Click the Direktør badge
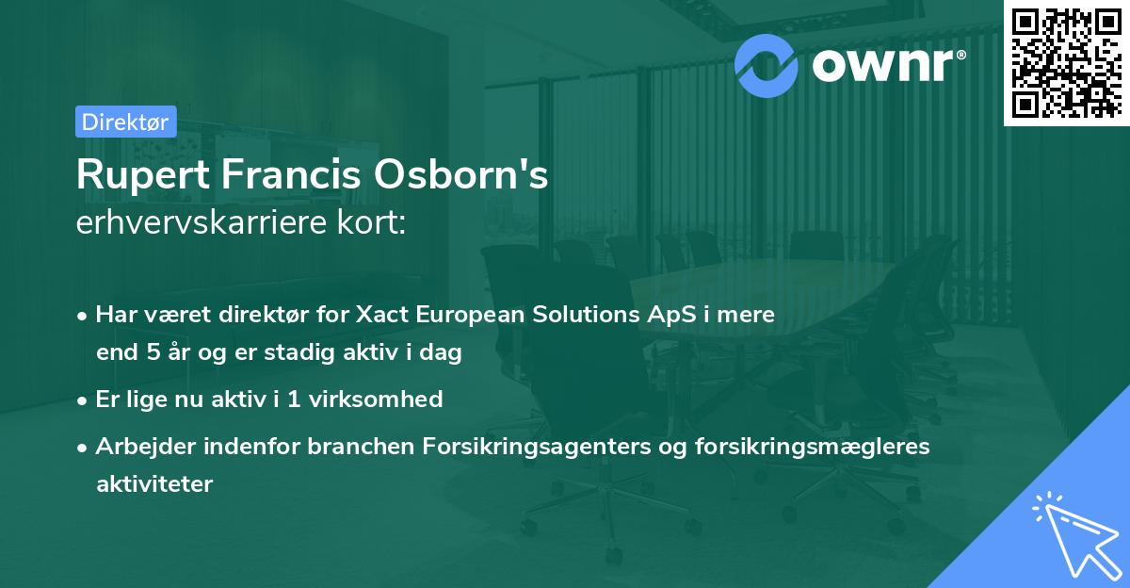point(125,122)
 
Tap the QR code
point(1066,62)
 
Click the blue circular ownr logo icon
point(766,63)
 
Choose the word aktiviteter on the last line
point(154,484)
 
